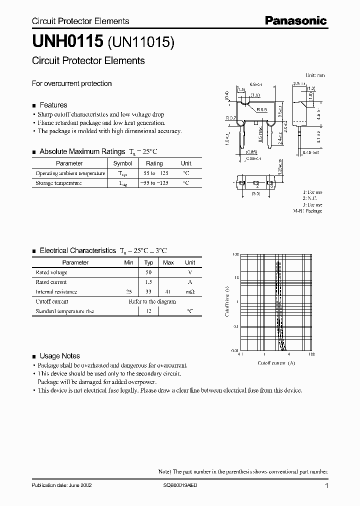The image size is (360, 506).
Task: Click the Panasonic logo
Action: point(295,20)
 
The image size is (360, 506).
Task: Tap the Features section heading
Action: point(53,105)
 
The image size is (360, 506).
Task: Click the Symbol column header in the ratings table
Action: point(123,163)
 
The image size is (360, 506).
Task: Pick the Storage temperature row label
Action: point(58,183)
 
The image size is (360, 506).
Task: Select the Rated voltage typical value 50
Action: point(148,272)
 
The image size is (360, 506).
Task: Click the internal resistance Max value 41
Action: point(168,291)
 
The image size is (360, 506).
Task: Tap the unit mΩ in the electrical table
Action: point(190,291)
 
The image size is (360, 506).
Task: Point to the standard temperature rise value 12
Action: point(148,311)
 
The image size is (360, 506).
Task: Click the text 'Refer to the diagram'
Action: point(152,301)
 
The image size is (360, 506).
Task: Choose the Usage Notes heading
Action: point(59,356)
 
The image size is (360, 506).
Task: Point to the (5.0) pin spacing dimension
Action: point(255,193)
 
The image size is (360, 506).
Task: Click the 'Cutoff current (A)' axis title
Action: point(276,362)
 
